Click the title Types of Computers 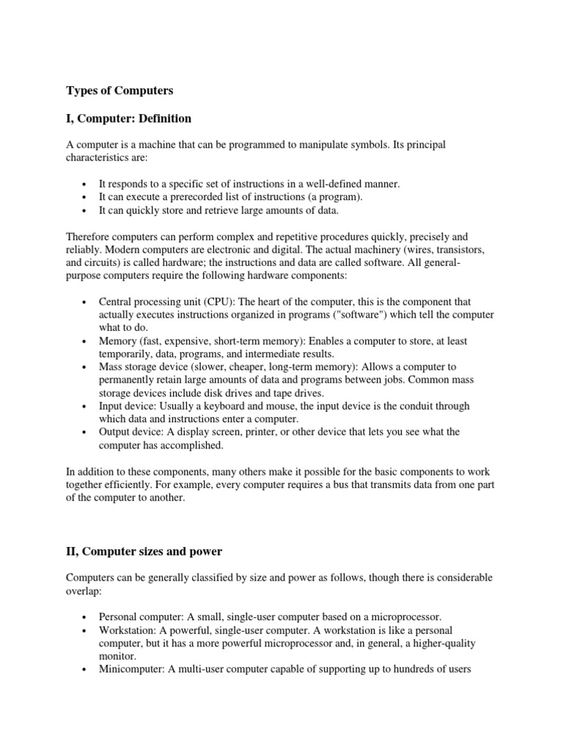[x=120, y=91]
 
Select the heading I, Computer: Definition [x=129, y=118]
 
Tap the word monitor [x=116, y=656]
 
